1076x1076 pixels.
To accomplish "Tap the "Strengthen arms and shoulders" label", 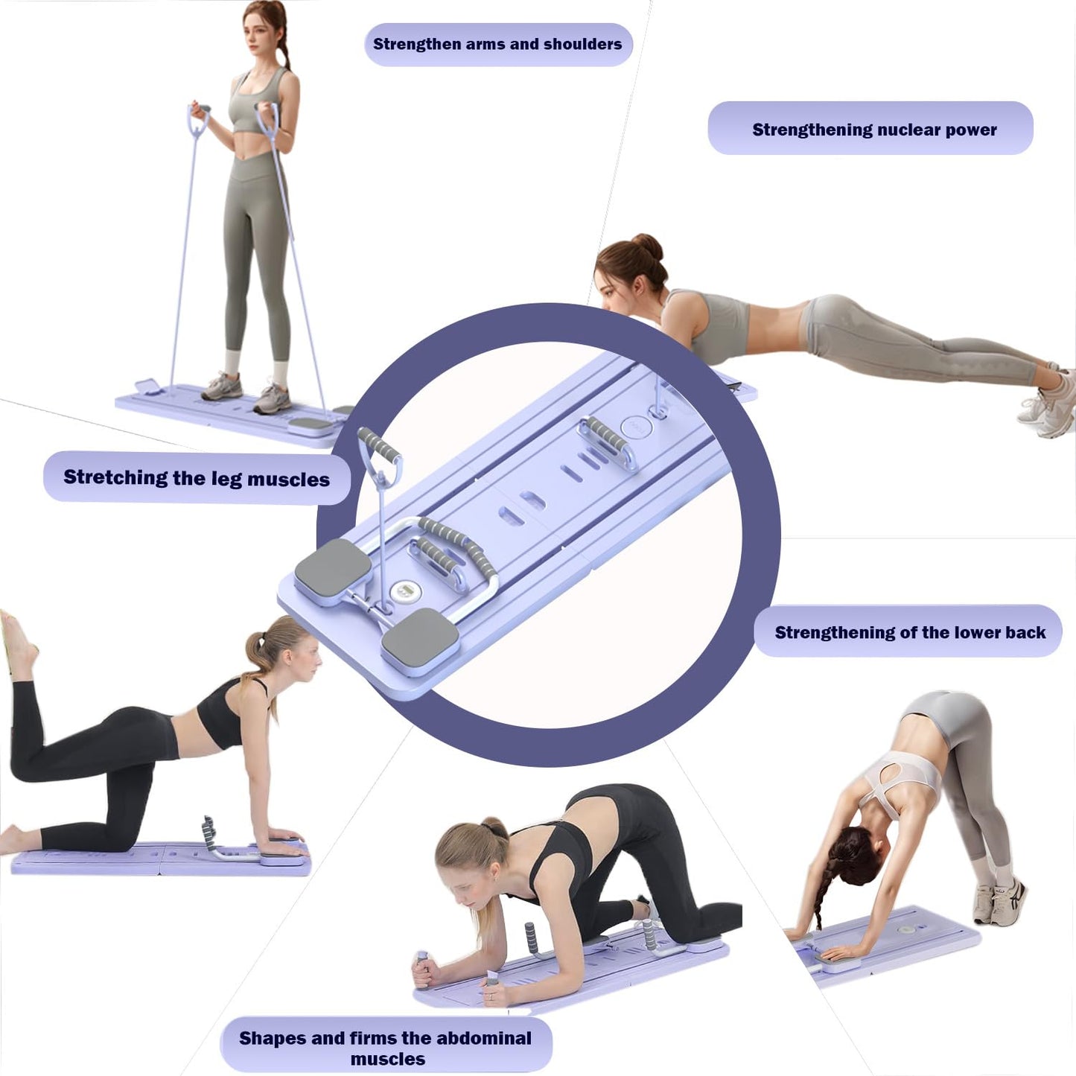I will pyautogui.click(x=497, y=45).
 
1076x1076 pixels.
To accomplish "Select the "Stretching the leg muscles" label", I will pyautogui.click(x=197, y=478).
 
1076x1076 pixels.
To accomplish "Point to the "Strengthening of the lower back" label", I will pyautogui.click(x=909, y=632).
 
